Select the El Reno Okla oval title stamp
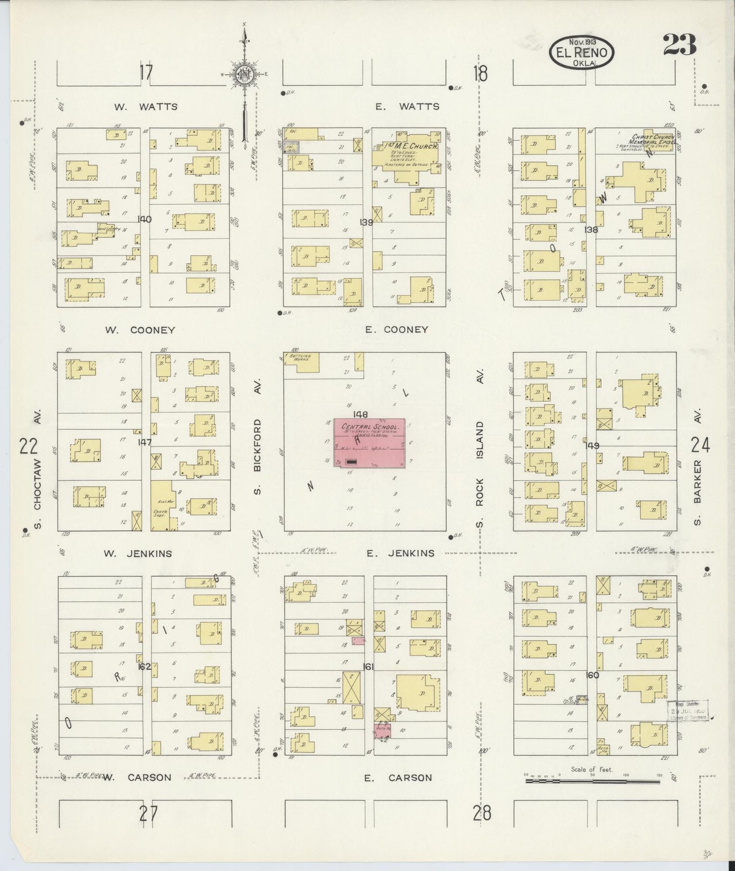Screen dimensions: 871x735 click(x=581, y=52)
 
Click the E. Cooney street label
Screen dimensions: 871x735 click(x=397, y=329)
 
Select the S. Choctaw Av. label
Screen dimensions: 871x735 click(x=38, y=468)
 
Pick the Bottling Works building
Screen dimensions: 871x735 click(x=301, y=362)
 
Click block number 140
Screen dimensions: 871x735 click(x=144, y=220)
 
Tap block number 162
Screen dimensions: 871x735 click(x=144, y=666)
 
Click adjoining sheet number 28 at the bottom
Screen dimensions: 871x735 click(x=482, y=814)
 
